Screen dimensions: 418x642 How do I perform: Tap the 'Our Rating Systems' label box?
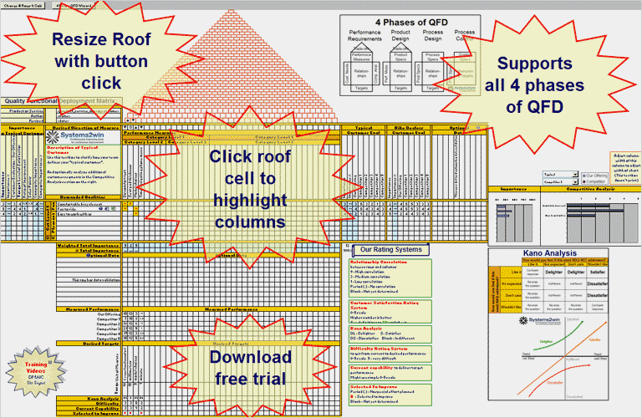pos(390,249)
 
